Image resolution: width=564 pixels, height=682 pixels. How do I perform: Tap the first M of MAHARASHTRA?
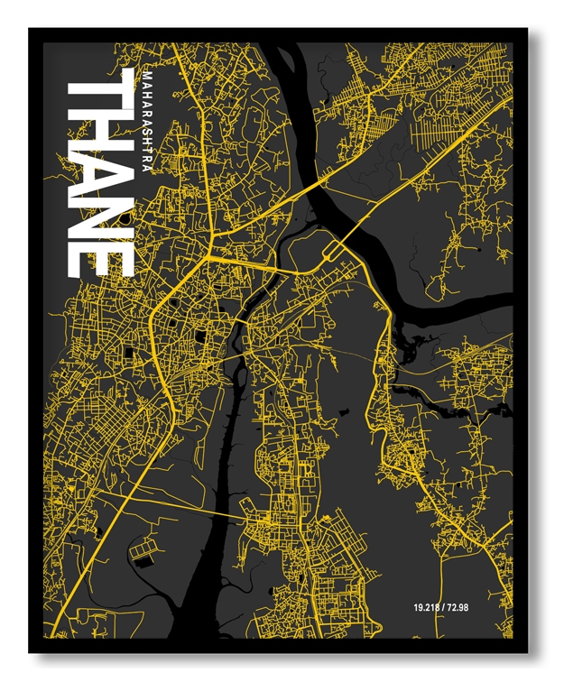coord(146,72)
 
